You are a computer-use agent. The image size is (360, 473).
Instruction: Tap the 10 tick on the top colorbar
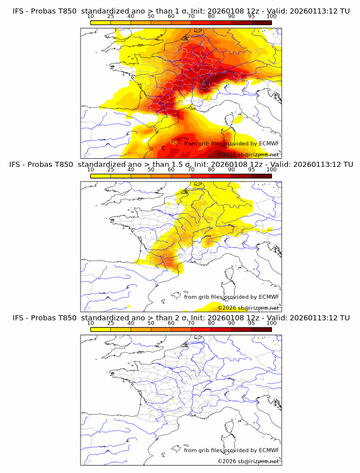[91, 16]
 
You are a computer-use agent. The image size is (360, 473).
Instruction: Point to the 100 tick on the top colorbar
[271, 16]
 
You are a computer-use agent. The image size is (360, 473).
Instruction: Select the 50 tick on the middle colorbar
[151, 169]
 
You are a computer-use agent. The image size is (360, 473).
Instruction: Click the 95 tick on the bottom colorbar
[251, 322]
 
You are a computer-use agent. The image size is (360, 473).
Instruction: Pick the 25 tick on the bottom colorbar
[111, 322]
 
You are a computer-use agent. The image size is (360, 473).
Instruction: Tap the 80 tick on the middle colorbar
[211, 169]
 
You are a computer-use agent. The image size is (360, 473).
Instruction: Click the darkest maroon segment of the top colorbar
[261, 22]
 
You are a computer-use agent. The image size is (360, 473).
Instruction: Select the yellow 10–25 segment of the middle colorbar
[101, 175]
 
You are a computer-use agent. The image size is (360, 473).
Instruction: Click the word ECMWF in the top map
[269, 143]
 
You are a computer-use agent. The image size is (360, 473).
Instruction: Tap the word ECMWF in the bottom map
[269, 450]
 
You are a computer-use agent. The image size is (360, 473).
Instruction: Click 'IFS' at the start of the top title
[18, 11]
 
